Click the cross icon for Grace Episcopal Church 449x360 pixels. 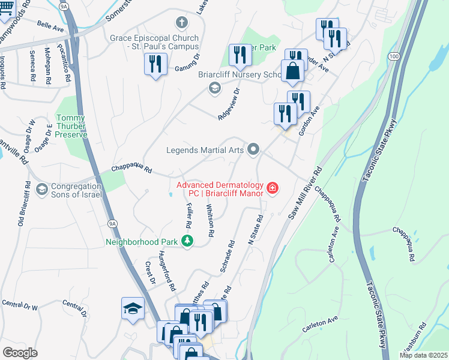point(182,23)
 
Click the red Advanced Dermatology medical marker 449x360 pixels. point(273,188)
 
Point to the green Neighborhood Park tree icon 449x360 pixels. point(188,241)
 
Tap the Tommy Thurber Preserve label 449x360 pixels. point(72,127)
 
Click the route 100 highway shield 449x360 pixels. point(393,56)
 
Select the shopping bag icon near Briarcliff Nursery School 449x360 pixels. point(292,71)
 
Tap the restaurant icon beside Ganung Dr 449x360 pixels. point(156,63)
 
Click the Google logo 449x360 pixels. point(20,352)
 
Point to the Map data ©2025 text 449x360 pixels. point(423,355)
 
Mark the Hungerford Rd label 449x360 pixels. point(166,271)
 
